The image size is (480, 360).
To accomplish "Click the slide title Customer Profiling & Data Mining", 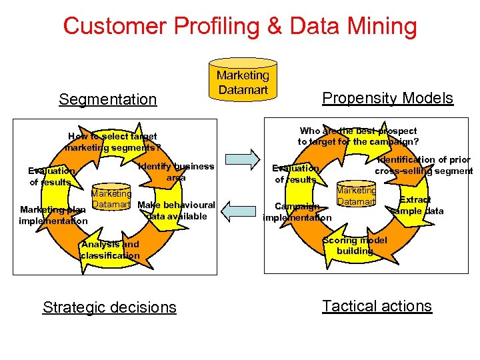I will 239,27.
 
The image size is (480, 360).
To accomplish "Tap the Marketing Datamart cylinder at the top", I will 243,83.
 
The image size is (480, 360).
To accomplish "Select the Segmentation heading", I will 107,99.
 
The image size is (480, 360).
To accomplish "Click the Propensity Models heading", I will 387,98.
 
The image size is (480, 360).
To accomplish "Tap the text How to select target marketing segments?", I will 113,142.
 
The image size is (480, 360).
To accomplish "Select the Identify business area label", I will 176,172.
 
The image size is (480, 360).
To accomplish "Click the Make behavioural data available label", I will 176,211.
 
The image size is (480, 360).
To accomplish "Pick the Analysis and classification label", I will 110,250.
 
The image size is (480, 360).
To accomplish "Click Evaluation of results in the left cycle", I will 51,177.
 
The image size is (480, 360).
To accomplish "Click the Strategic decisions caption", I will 109,307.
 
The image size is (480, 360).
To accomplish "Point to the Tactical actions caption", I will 377,306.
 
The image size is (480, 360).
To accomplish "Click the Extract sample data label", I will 416,205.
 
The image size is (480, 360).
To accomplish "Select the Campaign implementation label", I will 297,212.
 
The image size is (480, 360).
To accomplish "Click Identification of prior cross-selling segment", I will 424,165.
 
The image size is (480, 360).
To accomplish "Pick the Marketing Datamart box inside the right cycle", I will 356,195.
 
